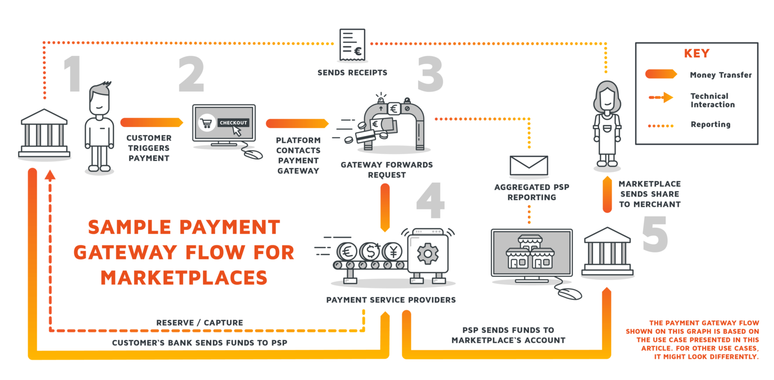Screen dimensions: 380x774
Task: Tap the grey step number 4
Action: click(x=430, y=202)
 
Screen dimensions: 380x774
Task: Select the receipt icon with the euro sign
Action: click(x=352, y=45)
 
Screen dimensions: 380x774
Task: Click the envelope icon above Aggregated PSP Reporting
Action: click(x=529, y=165)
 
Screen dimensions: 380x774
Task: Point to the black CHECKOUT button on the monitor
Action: click(x=233, y=122)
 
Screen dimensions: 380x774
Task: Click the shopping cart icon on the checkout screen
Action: click(x=207, y=123)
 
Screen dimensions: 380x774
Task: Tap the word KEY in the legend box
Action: click(x=696, y=53)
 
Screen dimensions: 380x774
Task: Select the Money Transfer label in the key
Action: click(x=721, y=75)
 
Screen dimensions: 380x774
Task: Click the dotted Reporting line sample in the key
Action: click(x=660, y=124)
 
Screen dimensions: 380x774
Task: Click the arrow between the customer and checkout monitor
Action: click(x=151, y=122)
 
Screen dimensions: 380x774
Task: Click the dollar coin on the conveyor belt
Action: click(x=370, y=251)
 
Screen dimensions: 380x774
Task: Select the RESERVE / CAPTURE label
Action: click(x=200, y=323)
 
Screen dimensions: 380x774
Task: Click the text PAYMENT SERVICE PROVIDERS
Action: click(x=391, y=300)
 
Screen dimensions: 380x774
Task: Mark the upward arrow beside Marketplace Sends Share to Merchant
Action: click(x=607, y=194)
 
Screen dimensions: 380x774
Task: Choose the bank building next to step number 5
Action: click(x=607, y=252)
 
